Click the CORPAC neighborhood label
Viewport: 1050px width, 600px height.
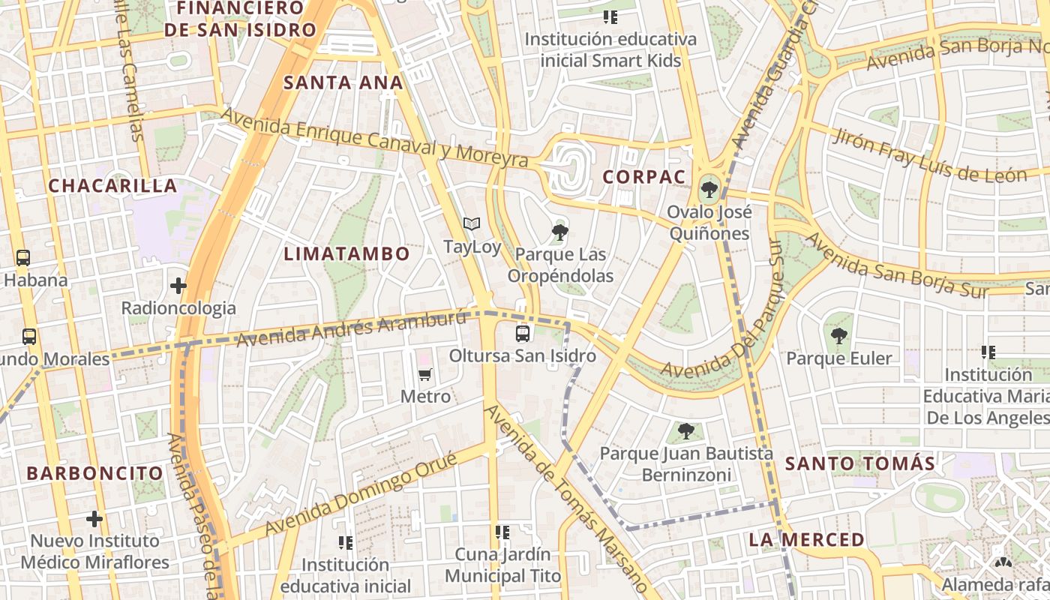pyautogui.click(x=644, y=178)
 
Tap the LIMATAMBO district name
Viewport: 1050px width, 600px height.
pyautogui.click(x=346, y=254)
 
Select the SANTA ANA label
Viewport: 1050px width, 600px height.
pyautogui.click(x=343, y=83)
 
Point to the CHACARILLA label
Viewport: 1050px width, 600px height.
pyautogui.click(x=112, y=186)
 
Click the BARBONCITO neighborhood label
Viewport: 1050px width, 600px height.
pyautogui.click(x=94, y=473)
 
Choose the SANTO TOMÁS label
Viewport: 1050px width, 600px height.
pyautogui.click(x=859, y=463)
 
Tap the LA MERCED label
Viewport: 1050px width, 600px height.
pyautogui.click(x=806, y=540)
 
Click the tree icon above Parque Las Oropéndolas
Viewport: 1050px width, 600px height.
pyautogui.click(x=559, y=232)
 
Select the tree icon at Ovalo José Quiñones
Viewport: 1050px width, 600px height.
pyautogui.click(x=709, y=189)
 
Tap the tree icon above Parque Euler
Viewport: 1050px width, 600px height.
pyautogui.click(x=838, y=336)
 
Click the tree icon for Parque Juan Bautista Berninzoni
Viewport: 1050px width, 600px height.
pyautogui.click(x=685, y=431)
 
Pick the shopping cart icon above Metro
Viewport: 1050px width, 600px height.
pyautogui.click(x=425, y=374)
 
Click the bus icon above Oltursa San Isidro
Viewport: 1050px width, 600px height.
pyautogui.click(x=523, y=333)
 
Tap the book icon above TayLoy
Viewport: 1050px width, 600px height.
pyautogui.click(x=471, y=223)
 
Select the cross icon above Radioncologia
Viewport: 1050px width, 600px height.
pyautogui.click(x=178, y=286)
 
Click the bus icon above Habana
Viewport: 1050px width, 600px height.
pyautogui.click(x=23, y=258)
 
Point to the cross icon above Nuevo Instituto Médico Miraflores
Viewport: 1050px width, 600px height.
pyautogui.click(x=94, y=518)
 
